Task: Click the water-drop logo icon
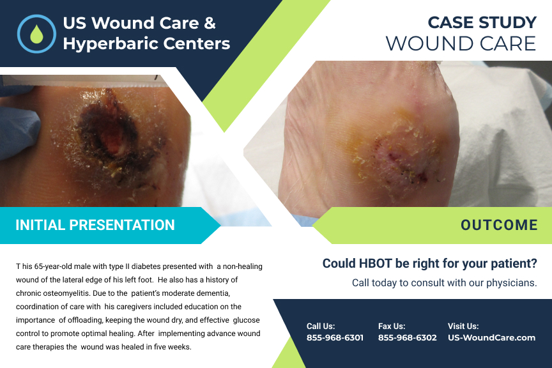pyautogui.click(x=37, y=34)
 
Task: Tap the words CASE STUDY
pyautogui.click(x=482, y=23)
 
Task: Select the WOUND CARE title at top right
pyautogui.click(x=461, y=43)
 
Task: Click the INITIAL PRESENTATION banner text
pyautogui.click(x=95, y=225)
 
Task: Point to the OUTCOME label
pyautogui.click(x=499, y=225)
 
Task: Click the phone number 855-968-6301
pyautogui.click(x=335, y=337)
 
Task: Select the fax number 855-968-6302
pyautogui.click(x=408, y=337)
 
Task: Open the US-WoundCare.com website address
pyautogui.click(x=491, y=337)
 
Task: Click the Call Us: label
pyautogui.click(x=321, y=326)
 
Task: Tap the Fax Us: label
pyautogui.click(x=392, y=326)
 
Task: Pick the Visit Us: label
pyautogui.click(x=463, y=326)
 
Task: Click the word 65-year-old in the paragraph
pyautogui.click(x=56, y=266)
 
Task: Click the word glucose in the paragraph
pyautogui.click(x=246, y=320)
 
